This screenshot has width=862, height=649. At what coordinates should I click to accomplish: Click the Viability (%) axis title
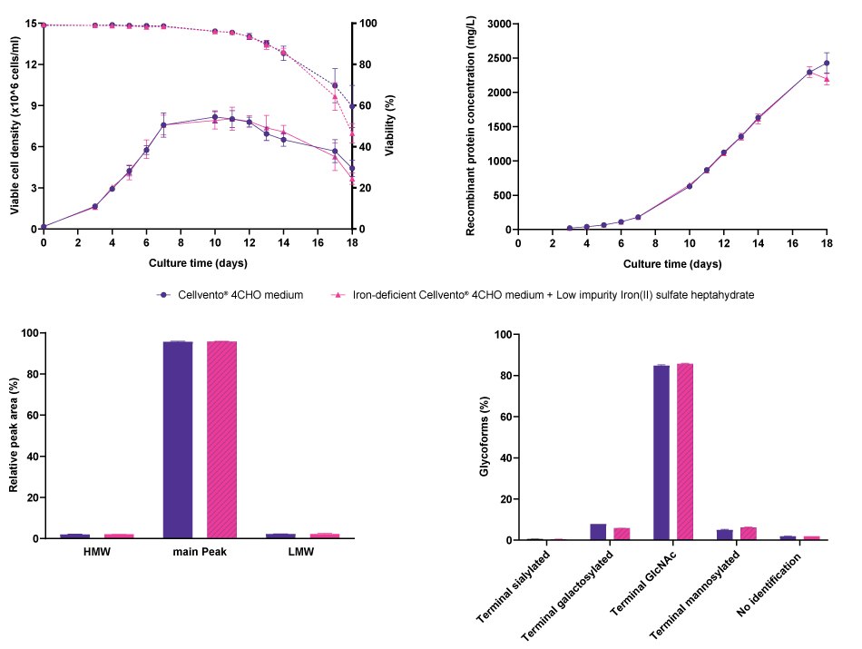389,126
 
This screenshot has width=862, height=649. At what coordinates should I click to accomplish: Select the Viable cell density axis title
15,126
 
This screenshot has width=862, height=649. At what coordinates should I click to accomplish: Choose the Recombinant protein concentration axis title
471,126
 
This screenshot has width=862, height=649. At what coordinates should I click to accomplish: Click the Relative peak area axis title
15,437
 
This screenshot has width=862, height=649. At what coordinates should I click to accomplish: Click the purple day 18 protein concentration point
827,64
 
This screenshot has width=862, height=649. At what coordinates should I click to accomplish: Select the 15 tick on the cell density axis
31,25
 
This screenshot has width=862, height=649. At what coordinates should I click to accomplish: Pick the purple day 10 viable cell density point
215,117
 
